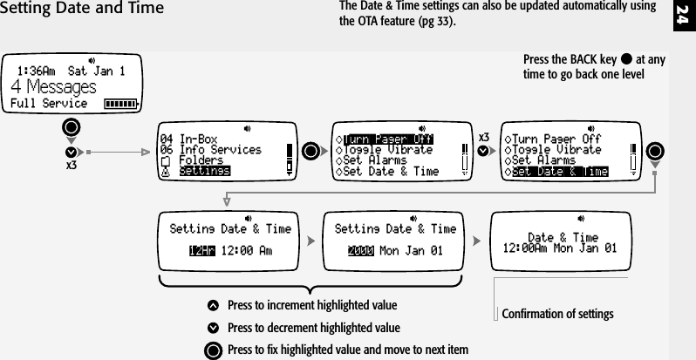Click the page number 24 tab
click(x=683, y=15)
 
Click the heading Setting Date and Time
click(x=82, y=10)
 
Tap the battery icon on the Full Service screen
click(x=120, y=105)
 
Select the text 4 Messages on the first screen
click(x=52, y=87)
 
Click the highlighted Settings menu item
click(x=205, y=172)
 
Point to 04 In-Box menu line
click(x=189, y=139)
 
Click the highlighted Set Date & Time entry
click(x=559, y=172)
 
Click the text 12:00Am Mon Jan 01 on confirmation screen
click(x=561, y=248)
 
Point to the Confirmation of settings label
click(x=558, y=314)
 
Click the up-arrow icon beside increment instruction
click(x=213, y=306)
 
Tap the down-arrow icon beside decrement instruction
click(x=213, y=329)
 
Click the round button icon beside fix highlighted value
click(x=213, y=350)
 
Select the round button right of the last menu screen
click(x=657, y=149)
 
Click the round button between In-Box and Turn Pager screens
click(x=310, y=149)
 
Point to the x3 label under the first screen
click(x=72, y=163)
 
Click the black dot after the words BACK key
click(x=626, y=60)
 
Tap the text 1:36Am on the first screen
click(x=36, y=71)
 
